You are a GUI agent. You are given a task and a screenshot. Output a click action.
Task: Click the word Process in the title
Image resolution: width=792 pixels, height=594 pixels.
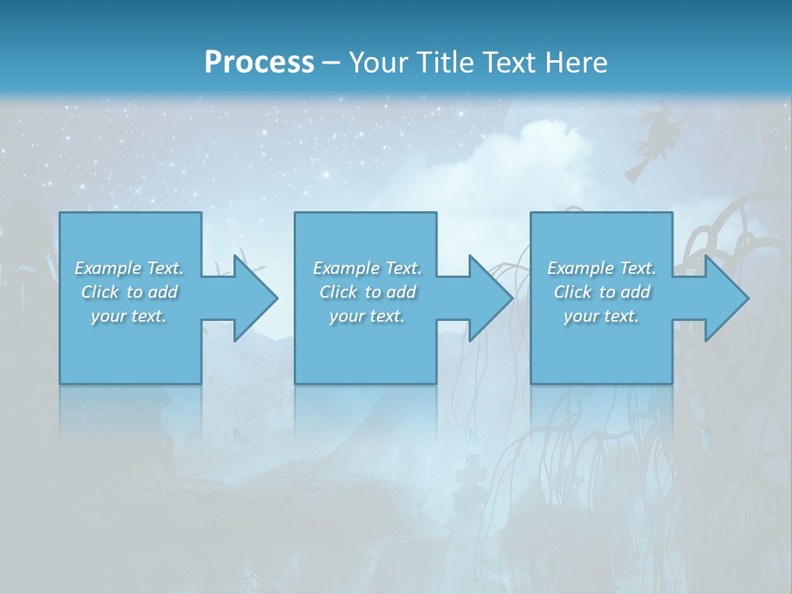(x=259, y=62)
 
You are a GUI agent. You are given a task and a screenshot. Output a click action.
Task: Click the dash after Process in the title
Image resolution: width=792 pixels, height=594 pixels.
(x=331, y=63)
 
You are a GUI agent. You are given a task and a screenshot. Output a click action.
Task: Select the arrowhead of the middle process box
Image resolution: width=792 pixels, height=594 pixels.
(x=489, y=298)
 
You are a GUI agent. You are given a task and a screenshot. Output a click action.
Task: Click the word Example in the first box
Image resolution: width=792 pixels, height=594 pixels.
(x=107, y=268)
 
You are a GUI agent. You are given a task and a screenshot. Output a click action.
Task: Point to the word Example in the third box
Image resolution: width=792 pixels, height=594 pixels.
(x=580, y=268)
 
